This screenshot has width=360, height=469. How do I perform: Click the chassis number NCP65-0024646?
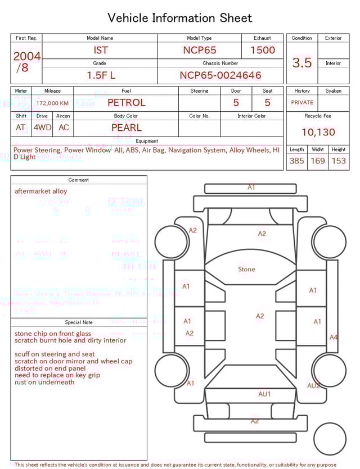click(220, 75)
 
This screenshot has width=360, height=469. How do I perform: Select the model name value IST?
click(100, 50)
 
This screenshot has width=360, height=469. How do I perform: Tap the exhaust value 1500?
click(262, 50)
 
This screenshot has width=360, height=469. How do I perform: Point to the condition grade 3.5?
click(302, 63)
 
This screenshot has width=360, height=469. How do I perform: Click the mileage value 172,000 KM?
click(52, 103)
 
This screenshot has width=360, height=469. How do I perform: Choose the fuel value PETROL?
click(126, 103)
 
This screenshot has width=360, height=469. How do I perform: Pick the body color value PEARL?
click(126, 128)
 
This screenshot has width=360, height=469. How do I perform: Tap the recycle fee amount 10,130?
click(318, 133)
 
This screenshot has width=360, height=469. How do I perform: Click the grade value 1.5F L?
click(101, 75)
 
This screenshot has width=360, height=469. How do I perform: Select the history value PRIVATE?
click(302, 103)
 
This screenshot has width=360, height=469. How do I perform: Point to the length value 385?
click(296, 161)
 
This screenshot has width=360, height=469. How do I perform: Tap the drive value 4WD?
click(42, 128)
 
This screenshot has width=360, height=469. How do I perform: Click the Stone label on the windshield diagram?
click(246, 270)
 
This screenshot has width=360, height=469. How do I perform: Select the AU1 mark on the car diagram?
click(264, 394)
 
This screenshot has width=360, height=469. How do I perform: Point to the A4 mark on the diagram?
click(334, 338)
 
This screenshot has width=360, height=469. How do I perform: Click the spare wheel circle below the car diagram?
click(330, 439)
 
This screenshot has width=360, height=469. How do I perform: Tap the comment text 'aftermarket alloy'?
click(40, 191)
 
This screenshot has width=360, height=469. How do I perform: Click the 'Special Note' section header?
click(79, 322)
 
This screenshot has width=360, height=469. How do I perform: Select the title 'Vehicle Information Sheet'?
click(180, 18)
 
